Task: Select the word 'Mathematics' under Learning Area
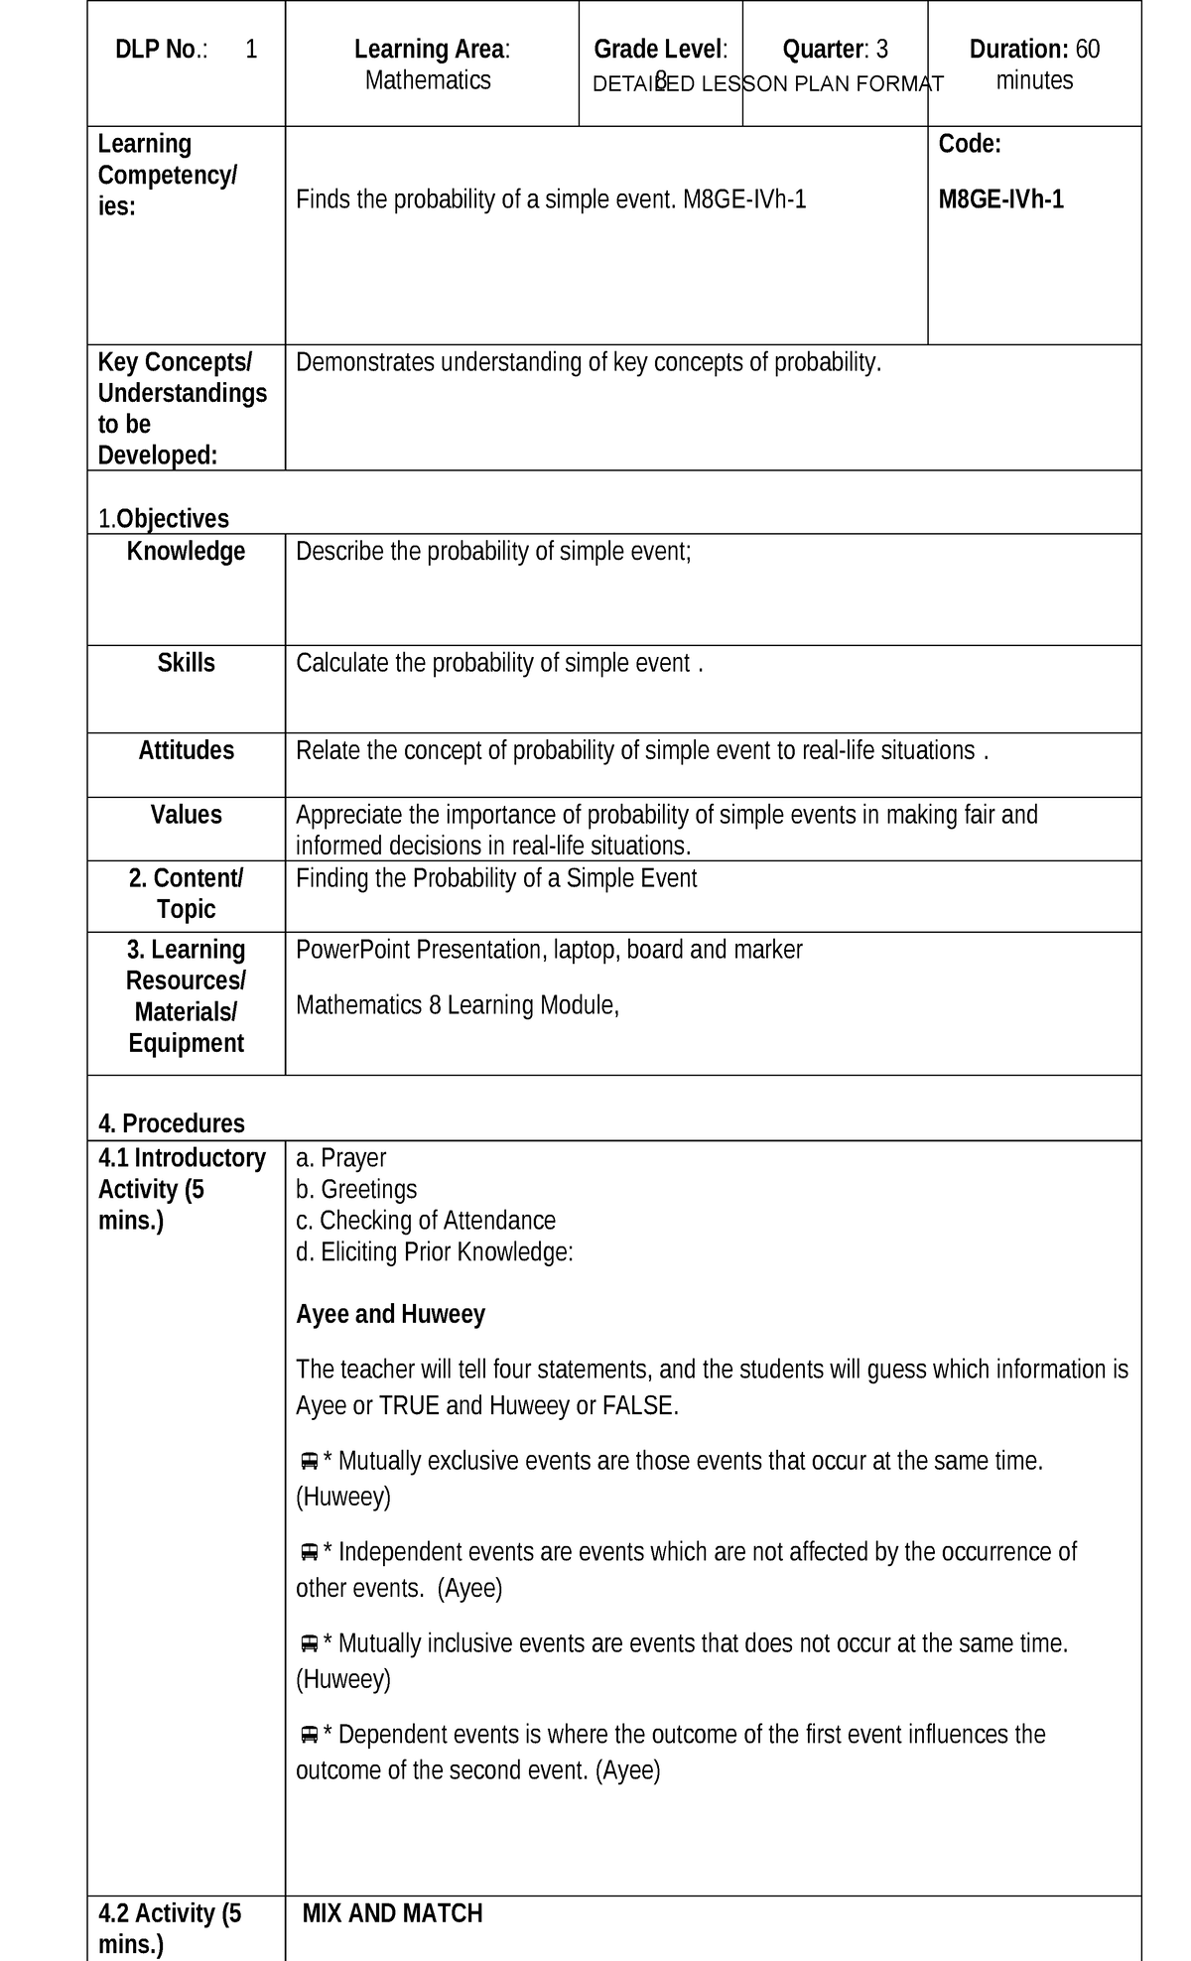point(428,80)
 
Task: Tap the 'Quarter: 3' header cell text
point(835,50)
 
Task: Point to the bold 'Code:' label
point(970,145)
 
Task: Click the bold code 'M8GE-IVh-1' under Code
point(1000,200)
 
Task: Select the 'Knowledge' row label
point(186,552)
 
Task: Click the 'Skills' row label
point(186,663)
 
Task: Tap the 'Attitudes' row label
point(186,750)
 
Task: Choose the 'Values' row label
point(186,815)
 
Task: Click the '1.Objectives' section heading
point(163,519)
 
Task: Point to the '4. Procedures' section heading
point(171,1123)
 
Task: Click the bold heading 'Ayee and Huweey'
point(390,1315)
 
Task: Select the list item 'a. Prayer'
point(340,1158)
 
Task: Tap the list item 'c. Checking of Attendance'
point(426,1221)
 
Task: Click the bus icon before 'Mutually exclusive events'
point(309,1462)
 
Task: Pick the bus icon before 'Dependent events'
point(309,1735)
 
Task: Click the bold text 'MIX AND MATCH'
point(392,1913)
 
